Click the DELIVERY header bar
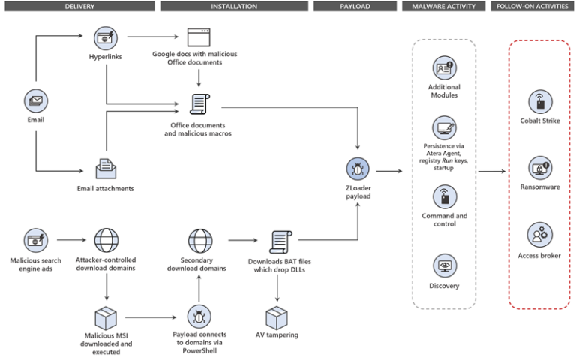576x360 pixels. click(79, 7)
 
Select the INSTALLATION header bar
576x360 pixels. click(233, 7)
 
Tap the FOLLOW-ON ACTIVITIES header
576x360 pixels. click(531, 7)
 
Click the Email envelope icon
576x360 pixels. click(35, 100)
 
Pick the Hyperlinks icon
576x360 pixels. click(106, 37)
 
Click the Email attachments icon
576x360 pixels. click(106, 168)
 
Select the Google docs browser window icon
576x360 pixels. click(198, 37)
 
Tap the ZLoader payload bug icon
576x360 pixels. click(358, 169)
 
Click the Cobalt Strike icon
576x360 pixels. click(539, 100)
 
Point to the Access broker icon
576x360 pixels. click(539, 234)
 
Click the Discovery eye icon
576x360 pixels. click(445, 265)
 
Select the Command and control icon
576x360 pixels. click(445, 197)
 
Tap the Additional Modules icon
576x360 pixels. click(445, 68)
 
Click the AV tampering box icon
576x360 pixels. click(277, 316)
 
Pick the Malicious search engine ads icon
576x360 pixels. click(35, 241)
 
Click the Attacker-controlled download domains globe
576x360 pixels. click(106, 241)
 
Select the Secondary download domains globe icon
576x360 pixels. click(198, 241)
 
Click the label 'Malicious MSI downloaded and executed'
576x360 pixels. click(106, 343)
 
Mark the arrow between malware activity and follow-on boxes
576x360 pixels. click(491, 172)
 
